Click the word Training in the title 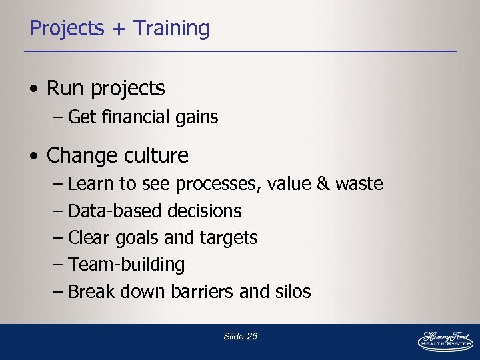pyautogui.click(x=171, y=29)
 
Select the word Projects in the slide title pyautogui.click(x=67, y=29)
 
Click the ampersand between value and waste pyautogui.click(x=323, y=184)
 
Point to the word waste pyautogui.click(x=359, y=184)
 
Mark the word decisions pyautogui.click(x=205, y=211)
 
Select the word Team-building pyautogui.click(x=127, y=265)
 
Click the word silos pyautogui.click(x=293, y=291)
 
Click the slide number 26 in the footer pyautogui.click(x=251, y=337)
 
